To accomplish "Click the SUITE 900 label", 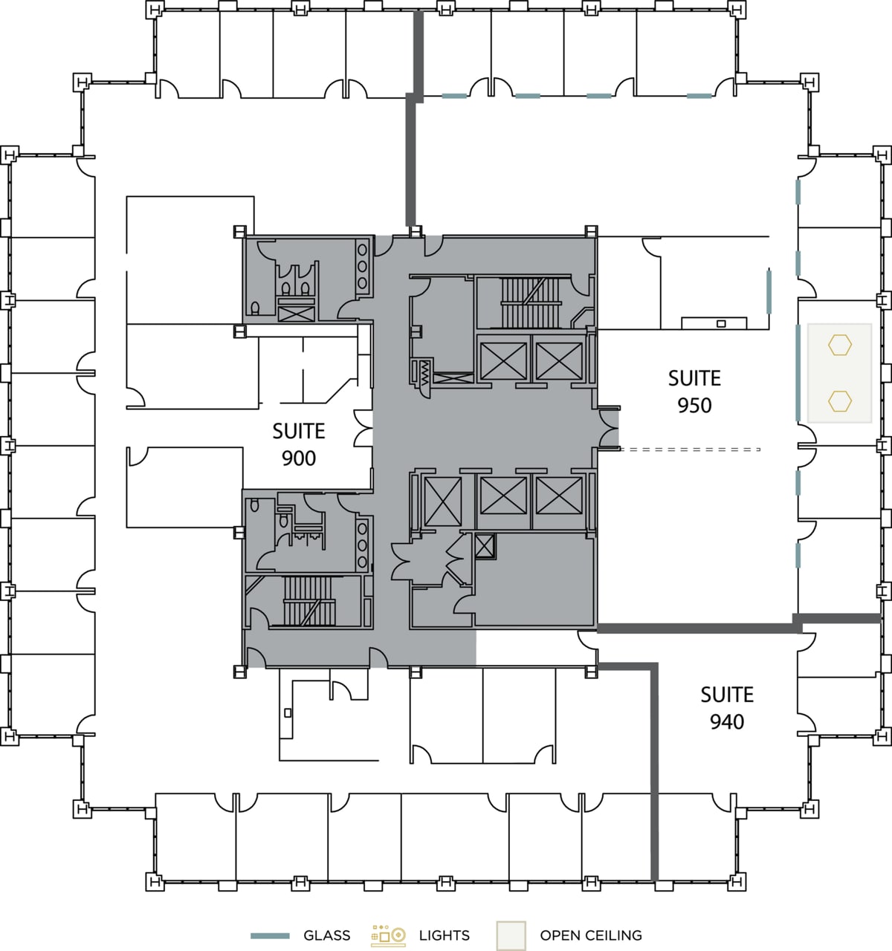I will pos(299,444).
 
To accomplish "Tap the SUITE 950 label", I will pos(694,392).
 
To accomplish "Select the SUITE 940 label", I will pos(727,708).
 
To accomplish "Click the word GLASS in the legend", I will pos(327,935).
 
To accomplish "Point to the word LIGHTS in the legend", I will pos(445,935).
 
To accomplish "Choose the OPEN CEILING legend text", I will pos(591,935).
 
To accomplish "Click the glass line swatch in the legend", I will pos(269,935).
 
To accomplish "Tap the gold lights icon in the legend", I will pos(389,935).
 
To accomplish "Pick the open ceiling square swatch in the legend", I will pos(511,935).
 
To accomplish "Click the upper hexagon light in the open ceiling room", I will pos(840,345).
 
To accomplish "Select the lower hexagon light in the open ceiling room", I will pos(840,401).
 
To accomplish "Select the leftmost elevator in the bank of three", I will pos(442,501).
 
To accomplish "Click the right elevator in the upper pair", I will pos(560,360).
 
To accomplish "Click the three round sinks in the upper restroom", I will pos(363,266).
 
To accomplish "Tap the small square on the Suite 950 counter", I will pos(720,323).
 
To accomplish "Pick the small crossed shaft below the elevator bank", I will pos(485,546).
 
